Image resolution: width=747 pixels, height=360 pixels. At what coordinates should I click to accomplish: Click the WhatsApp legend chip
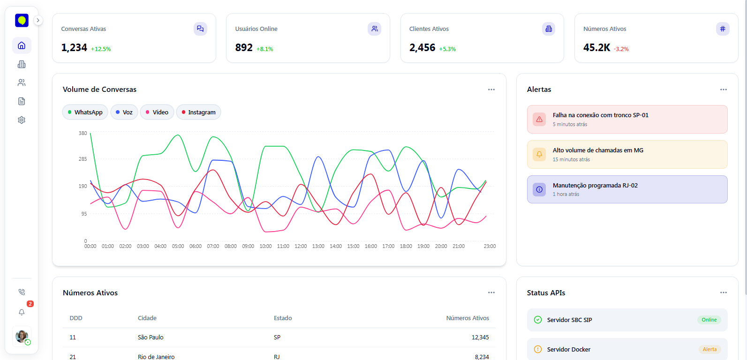(85, 112)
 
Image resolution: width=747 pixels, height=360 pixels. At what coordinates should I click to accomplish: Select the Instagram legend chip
(199, 112)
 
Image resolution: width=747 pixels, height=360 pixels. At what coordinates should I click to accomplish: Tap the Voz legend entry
(124, 112)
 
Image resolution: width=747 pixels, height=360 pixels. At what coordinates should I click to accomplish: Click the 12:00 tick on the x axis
(301, 246)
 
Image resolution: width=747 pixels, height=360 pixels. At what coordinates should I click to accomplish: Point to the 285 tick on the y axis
(83, 159)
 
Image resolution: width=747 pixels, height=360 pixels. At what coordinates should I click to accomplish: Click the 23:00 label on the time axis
(490, 246)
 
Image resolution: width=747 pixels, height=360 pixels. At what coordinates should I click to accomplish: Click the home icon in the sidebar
(22, 45)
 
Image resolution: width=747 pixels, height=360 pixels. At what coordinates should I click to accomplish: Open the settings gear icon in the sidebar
(22, 120)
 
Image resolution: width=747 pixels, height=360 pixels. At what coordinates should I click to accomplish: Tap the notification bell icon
(22, 312)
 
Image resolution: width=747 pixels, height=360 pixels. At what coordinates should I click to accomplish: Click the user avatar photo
(22, 336)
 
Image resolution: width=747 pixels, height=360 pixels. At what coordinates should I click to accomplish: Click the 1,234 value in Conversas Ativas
(74, 48)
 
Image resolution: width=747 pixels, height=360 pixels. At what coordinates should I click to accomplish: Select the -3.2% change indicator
(621, 49)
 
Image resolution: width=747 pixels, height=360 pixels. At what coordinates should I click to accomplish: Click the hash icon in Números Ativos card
(723, 29)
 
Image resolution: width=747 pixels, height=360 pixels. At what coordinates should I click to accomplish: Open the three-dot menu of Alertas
(724, 90)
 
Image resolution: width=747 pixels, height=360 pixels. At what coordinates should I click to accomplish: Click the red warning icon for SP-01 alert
(539, 120)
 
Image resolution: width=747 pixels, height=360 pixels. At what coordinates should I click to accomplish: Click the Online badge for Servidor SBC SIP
(709, 320)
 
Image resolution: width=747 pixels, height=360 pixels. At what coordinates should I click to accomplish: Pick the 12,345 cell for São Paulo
(480, 337)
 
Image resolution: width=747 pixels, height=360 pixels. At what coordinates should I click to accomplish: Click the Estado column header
(283, 318)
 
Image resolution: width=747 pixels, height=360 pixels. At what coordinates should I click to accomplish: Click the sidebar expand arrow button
(38, 20)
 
